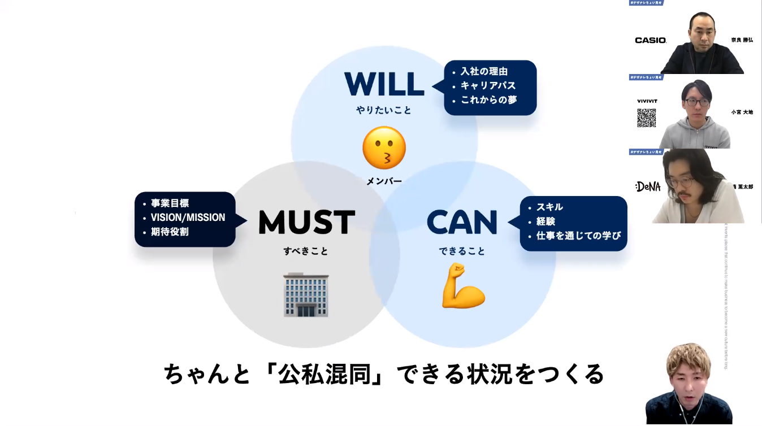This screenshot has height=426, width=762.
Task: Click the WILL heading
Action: pyautogui.click(x=384, y=85)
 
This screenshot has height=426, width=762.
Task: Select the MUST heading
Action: pyautogui.click(x=306, y=222)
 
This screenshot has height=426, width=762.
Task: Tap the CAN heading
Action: pyautogui.click(x=462, y=222)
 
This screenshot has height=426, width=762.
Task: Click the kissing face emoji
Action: pyautogui.click(x=384, y=147)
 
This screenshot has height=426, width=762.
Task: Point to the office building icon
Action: pyautogui.click(x=306, y=294)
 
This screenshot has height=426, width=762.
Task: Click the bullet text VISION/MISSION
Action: pyautogui.click(x=188, y=218)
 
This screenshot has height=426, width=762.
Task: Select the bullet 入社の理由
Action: pyautogui.click(x=484, y=72)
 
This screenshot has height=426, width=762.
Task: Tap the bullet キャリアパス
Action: pyautogui.click(x=488, y=86)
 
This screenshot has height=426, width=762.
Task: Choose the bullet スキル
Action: pyautogui.click(x=549, y=207)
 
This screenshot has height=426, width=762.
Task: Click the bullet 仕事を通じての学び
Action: pyautogui.click(x=578, y=236)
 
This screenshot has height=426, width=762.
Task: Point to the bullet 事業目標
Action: pyautogui.click(x=170, y=203)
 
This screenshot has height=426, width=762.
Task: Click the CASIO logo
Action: pyautogui.click(x=651, y=40)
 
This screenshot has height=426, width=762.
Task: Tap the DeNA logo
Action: pyautogui.click(x=648, y=186)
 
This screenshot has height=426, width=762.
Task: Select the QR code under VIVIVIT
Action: pyautogui.click(x=647, y=118)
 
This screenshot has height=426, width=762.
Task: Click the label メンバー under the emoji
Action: pyautogui.click(x=384, y=181)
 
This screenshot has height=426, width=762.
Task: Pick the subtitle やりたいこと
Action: pyautogui.click(x=384, y=110)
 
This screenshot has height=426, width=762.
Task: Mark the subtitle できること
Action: pyautogui.click(x=462, y=251)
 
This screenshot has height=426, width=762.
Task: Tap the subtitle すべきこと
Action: pyautogui.click(x=306, y=251)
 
